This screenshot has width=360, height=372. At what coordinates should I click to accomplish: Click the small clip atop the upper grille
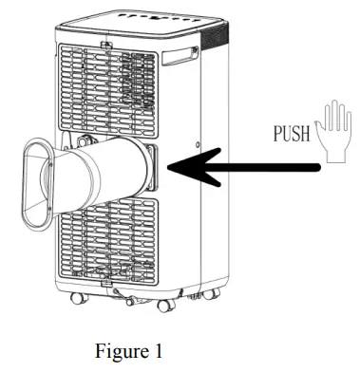click(x=106, y=42)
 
